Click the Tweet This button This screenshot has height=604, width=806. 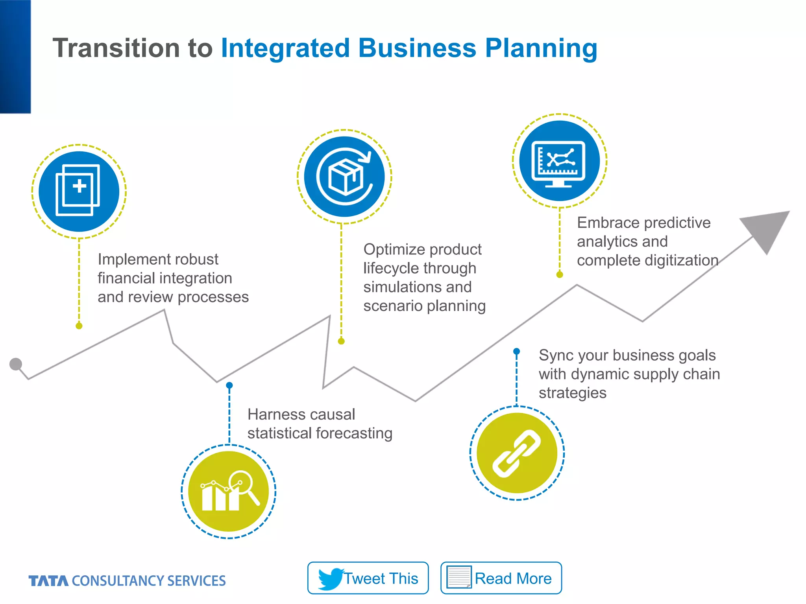click(x=368, y=578)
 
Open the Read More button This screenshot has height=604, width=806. click(x=501, y=578)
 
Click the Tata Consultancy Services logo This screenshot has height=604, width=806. click(x=127, y=581)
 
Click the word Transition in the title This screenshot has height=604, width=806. click(x=116, y=48)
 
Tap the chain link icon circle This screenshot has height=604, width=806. click(x=517, y=453)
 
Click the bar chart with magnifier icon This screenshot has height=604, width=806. click(x=229, y=492)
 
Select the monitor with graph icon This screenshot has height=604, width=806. click(x=559, y=161)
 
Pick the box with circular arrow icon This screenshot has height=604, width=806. click(x=344, y=177)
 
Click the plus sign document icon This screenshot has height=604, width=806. click(x=79, y=191)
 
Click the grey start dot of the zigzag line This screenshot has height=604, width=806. click(x=15, y=364)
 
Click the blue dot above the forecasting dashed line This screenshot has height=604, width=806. click(x=229, y=385)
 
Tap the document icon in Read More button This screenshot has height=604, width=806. click(x=459, y=577)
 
